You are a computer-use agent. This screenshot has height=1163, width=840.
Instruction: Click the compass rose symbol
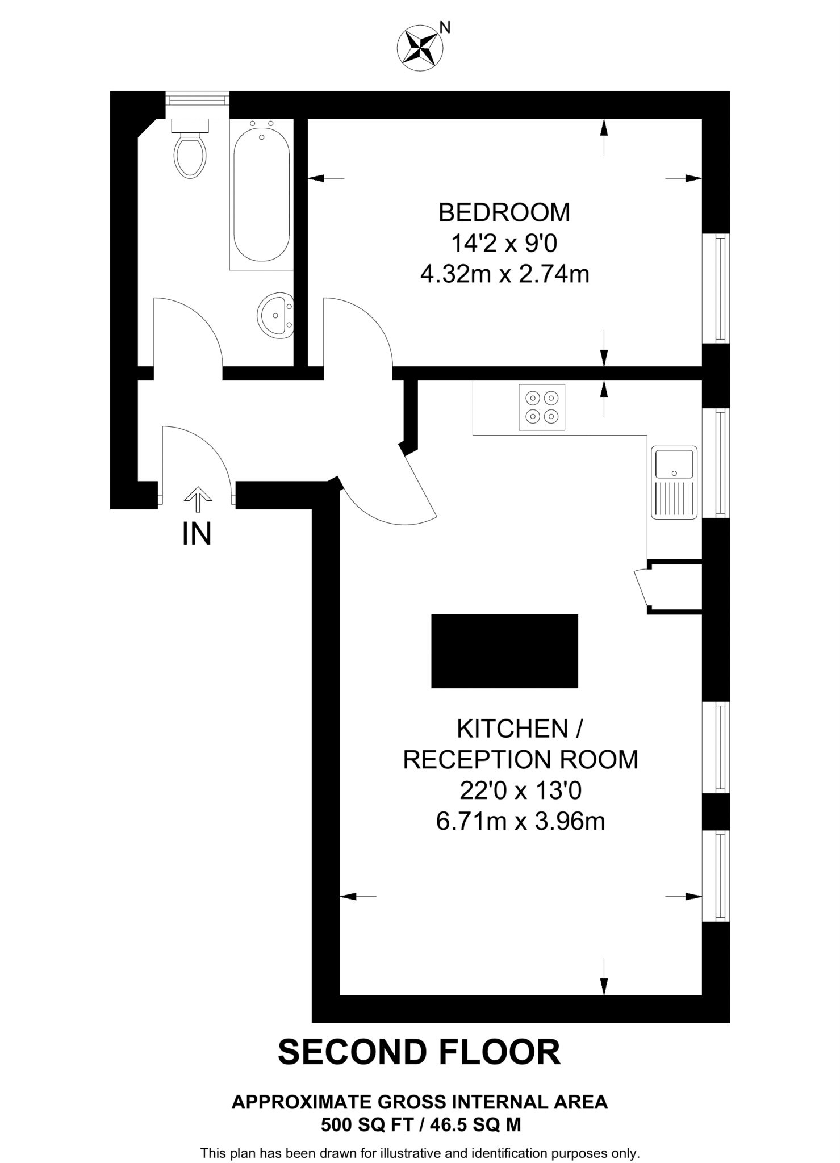coord(420,48)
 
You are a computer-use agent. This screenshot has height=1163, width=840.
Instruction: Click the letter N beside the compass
coord(445,27)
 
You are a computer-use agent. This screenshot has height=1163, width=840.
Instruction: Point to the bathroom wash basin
coord(275,316)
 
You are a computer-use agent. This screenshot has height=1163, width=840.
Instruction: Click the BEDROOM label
coord(504,212)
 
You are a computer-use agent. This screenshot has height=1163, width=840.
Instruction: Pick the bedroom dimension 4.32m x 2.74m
coord(504,275)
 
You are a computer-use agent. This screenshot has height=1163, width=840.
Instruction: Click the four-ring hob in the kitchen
coord(542,407)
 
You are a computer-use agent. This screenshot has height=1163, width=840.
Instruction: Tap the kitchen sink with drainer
coord(674,482)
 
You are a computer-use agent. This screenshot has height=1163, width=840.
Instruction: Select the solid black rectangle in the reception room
coord(504,651)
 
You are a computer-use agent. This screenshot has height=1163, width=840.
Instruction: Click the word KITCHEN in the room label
coord(512,729)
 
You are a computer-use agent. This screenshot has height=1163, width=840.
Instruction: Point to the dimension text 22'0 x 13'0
coord(520,790)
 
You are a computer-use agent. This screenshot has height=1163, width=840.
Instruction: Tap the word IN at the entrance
coord(197,534)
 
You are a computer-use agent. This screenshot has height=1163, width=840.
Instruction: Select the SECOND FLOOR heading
coord(419,1052)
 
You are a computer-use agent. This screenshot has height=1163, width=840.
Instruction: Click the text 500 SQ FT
coord(365,1124)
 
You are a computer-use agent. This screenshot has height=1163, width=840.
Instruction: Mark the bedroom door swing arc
coord(369,324)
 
